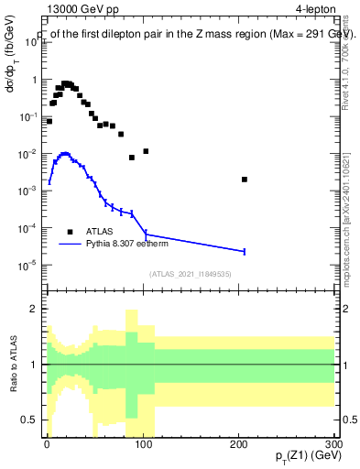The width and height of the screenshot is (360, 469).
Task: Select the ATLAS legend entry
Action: (99, 232)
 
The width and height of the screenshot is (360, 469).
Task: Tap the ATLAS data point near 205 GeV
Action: (245, 180)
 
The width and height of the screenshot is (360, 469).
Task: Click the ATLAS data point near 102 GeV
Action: (146, 151)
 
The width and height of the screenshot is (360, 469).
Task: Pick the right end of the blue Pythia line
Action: (245, 251)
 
